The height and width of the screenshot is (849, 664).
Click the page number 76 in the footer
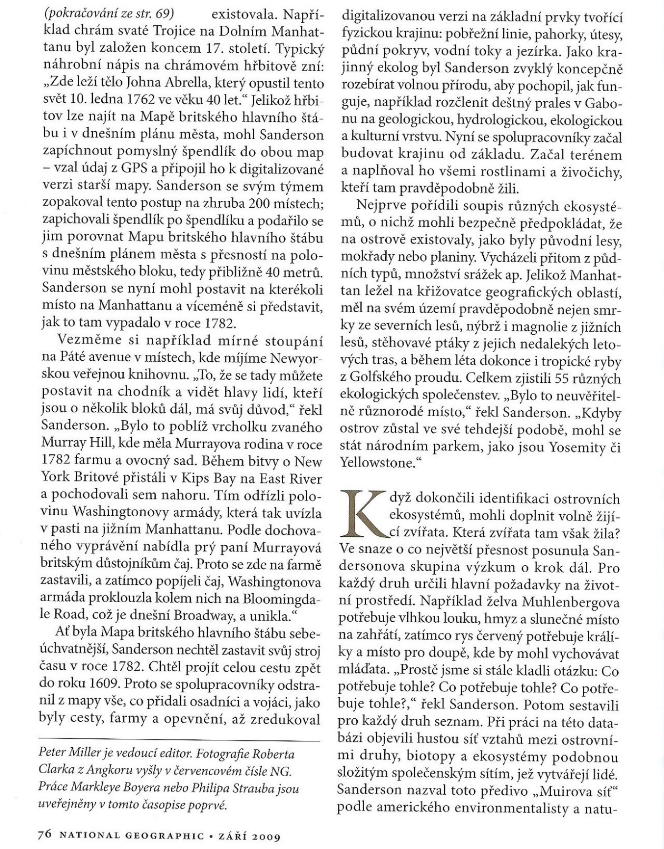(44, 835)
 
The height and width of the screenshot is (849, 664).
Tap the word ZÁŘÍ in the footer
(230, 835)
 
